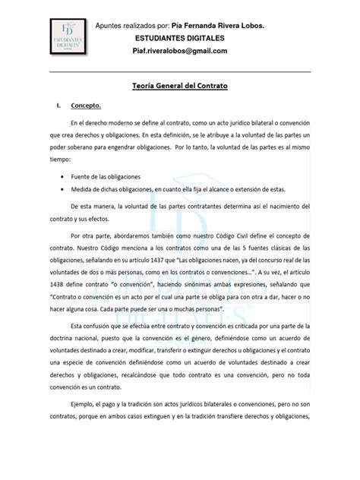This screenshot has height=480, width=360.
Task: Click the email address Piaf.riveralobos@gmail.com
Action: point(180,51)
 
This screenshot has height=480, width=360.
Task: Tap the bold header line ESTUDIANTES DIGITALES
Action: point(179,38)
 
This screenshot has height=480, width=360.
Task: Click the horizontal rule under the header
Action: point(179,71)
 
